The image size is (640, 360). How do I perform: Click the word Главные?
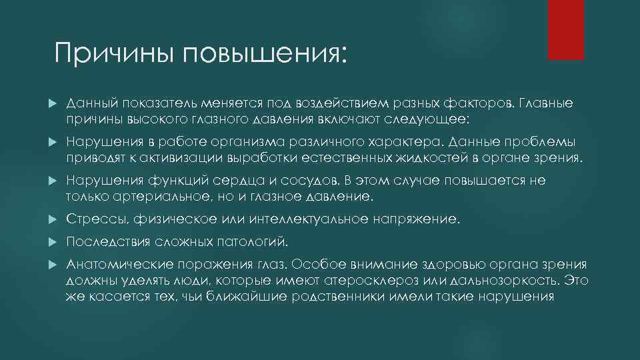[x=545, y=104]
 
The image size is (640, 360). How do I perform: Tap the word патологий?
[x=254, y=241]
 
